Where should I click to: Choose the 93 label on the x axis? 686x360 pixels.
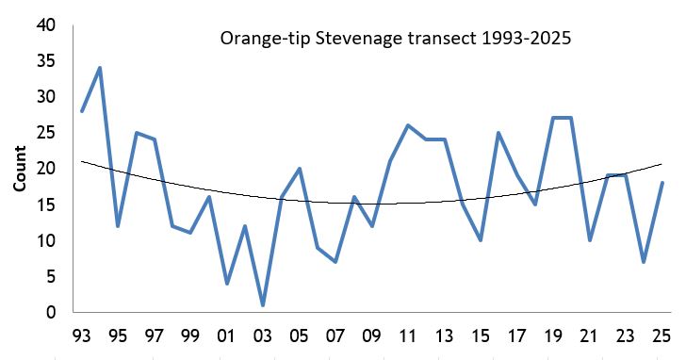[x=81, y=335]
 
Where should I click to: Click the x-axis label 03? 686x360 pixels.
[x=263, y=335]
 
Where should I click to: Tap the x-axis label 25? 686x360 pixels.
[x=661, y=335]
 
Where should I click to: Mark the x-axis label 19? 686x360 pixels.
[x=552, y=335]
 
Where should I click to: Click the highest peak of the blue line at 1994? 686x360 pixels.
[x=100, y=68]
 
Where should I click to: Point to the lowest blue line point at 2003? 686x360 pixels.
[x=263, y=305]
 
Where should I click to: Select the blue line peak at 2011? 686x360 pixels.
[x=407, y=125]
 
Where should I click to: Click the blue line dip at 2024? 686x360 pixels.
[x=643, y=262]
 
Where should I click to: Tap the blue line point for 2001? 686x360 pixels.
[x=226, y=284]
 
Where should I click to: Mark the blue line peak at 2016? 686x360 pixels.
[x=498, y=133]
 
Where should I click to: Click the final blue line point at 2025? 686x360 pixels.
[x=661, y=183]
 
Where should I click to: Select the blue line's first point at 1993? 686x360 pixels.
[x=82, y=111]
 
